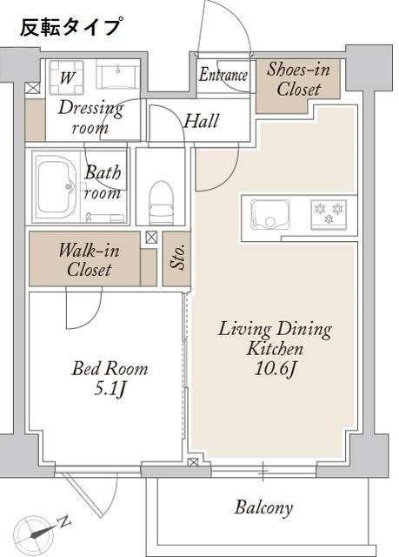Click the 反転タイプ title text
point(70,26)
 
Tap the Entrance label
point(223,76)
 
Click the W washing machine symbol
point(66,77)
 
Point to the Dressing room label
point(90,117)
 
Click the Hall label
point(201,121)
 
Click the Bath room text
point(103,182)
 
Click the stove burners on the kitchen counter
point(329,211)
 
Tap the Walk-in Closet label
point(89,259)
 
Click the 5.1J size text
point(109,388)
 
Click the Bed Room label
point(109,368)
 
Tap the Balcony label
point(263,507)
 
